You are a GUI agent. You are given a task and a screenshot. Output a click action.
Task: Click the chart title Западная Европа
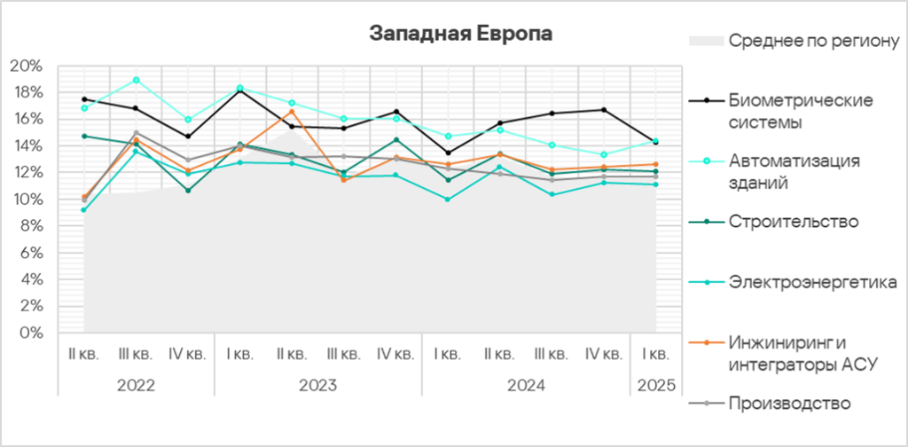[460, 35]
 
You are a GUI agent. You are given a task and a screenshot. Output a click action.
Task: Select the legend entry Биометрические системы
[788, 111]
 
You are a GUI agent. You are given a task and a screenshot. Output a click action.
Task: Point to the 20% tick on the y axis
[26, 66]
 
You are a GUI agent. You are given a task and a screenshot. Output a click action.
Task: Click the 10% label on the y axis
[26, 200]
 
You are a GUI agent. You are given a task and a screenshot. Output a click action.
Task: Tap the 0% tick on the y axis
[29, 333]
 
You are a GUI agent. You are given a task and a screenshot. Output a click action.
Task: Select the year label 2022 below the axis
[136, 386]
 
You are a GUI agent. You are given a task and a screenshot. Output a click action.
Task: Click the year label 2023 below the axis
[317, 386]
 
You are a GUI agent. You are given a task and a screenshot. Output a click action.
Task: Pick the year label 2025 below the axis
[655, 386]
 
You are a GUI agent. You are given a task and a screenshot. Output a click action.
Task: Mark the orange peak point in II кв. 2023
[292, 111]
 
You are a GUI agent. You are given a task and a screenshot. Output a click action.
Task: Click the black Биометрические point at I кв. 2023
[239, 90]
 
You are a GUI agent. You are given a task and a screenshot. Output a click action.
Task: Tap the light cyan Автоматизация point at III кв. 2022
[136, 80]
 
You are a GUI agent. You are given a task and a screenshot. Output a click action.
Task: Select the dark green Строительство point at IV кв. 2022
[188, 191]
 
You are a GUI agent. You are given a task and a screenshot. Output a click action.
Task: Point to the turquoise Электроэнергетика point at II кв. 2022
[83, 210]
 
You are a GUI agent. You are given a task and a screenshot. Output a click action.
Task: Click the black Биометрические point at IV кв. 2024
[604, 110]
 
